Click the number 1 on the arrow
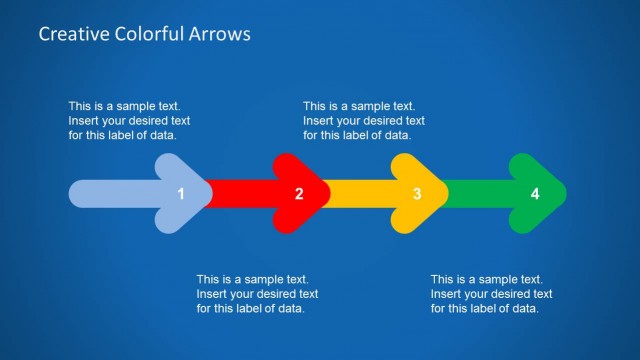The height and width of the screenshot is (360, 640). (181, 194)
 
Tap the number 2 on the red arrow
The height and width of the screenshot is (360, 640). (299, 194)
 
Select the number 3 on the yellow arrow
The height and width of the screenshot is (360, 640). (417, 194)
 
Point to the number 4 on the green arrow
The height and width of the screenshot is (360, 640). (535, 194)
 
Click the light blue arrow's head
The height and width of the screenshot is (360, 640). (185, 193)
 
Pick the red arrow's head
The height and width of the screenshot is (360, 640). (303, 193)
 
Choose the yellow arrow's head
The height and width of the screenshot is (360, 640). (421, 193)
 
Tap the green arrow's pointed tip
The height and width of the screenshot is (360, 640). (562, 193)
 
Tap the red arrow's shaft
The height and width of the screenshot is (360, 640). (240, 193)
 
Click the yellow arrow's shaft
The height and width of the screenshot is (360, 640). (360, 193)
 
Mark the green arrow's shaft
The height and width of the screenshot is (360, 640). (478, 193)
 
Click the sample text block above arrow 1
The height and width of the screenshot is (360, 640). (129, 120)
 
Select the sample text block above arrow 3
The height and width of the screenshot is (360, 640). (364, 120)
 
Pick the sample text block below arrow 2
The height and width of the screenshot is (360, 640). (257, 293)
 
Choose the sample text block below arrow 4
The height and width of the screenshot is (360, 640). (491, 293)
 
